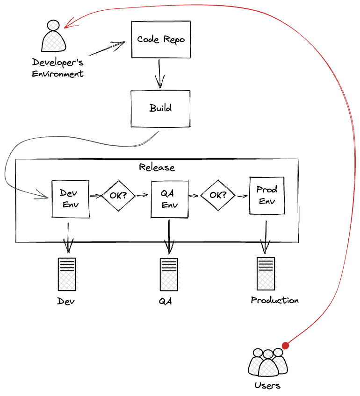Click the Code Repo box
pyautogui.click(x=161, y=39)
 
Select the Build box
pyautogui.click(x=160, y=108)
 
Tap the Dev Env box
pyautogui.click(x=70, y=198)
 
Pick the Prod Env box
pyautogui.click(x=267, y=195)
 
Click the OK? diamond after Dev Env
pyautogui.click(x=118, y=195)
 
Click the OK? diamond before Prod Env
pyautogui.click(x=217, y=195)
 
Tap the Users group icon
pyautogui.click(x=267, y=362)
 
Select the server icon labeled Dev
pyautogui.click(x=67, y=274)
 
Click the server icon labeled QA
pyautogui.click(x=168, y=274)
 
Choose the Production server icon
pyautogui.click(x=266, y=274)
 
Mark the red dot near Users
pyautogui.click(x=286, y=346)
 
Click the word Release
pyautogui.click(x=157, y=167)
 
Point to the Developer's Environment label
pyautogui.click(x=58, y=68)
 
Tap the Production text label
pyautogui.click(x=274, y=300)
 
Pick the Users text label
pyautogui.click(x=267, y=386)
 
